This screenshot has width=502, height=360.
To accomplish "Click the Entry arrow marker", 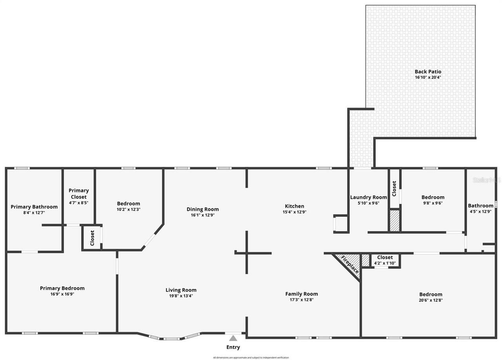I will coord(233,338).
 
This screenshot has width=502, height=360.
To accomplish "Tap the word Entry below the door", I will coord(233,347).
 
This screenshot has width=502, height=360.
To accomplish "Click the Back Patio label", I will coord(428,71).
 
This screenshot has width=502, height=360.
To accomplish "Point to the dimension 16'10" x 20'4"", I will coord(428,77).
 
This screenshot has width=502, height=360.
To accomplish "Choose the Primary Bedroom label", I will coord(62,288).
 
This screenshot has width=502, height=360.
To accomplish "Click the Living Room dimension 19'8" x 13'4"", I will coord(181,296).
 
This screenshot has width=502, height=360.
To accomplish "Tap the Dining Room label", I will coord(202,209).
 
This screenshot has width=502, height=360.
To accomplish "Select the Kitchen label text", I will coord(294,206).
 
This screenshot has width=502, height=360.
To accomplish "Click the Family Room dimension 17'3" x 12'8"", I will coord(301,300).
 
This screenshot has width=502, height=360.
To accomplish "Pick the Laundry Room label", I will coord(368,197).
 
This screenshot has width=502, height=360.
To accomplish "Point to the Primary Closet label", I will coord(78,193).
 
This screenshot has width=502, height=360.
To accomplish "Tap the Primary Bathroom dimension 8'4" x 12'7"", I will coord(34,213).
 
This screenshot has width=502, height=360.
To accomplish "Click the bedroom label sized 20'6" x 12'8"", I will coord(431,295).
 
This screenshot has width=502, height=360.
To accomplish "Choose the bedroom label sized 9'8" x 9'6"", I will coord(433,197).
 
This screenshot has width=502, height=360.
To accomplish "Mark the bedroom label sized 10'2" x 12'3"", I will coord(128,204).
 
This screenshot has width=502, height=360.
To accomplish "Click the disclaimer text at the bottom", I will coord(251,358).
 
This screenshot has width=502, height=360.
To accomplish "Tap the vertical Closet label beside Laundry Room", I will coord(394,188).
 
